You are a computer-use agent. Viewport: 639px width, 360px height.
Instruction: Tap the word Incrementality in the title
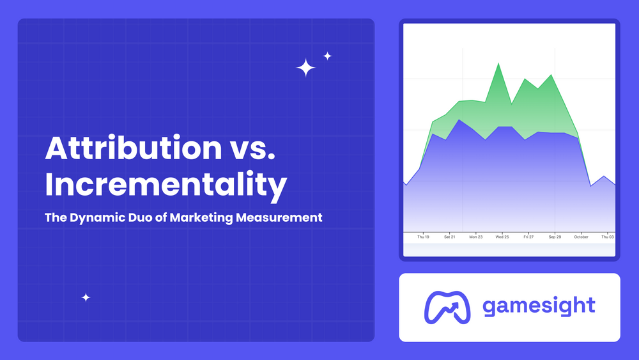pos(166,185)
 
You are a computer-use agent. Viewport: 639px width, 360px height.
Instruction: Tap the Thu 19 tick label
pos(423,237)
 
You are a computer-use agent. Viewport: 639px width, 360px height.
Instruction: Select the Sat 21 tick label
pos(449,237)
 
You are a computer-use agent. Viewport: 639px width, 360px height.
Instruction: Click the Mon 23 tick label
pos(475,237)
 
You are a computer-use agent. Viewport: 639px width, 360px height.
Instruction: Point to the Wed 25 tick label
pos(502,237)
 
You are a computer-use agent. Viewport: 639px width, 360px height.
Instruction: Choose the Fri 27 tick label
pos(528,237)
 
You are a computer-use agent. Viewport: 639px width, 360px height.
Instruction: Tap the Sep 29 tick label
pos(555,237)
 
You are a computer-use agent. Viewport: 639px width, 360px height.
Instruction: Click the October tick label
pos(581,237)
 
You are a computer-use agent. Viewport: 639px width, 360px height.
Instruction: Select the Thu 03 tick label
pos(607,237)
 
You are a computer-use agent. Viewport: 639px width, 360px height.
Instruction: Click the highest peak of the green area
pos(498,64)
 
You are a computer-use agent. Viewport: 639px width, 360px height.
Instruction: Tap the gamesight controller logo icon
pos(447,307)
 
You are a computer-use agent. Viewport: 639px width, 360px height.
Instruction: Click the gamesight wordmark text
pos(539,306)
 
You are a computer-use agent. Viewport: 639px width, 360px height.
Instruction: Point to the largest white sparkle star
pos(306,68)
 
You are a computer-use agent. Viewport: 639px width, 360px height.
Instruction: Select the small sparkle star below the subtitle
pos(86,297)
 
